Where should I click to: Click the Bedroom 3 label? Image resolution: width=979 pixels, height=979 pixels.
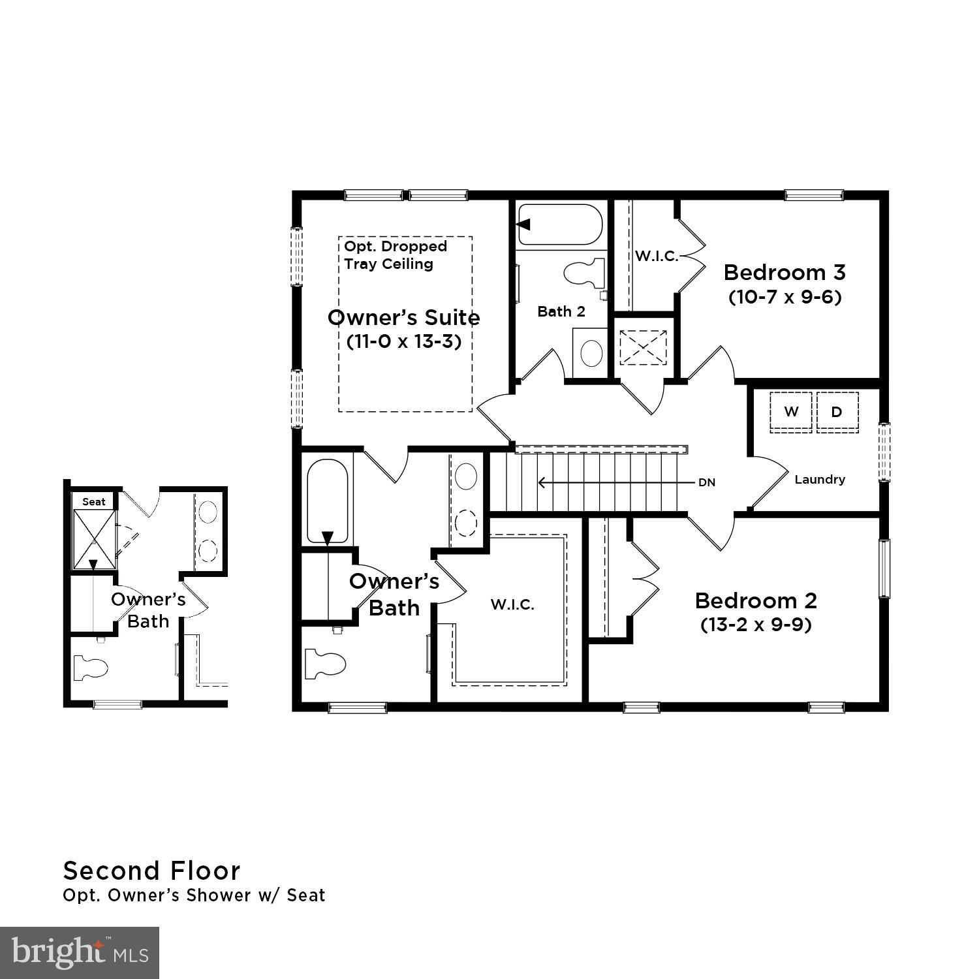coord(785,272)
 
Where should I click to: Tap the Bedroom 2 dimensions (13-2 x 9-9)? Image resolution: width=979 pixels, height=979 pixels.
coord(756,625)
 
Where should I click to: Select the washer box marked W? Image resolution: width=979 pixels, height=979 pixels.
coord(791,412)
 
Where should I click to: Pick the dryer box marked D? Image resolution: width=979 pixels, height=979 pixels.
coord(837,412)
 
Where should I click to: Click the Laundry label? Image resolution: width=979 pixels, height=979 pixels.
coord(820,480)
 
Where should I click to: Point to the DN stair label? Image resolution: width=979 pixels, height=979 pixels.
coord(707,483)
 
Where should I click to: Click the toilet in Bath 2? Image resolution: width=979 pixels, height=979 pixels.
coord(582,273)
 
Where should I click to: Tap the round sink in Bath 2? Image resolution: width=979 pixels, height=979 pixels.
coord(591,353)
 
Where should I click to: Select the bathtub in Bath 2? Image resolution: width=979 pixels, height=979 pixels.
coord(560,225)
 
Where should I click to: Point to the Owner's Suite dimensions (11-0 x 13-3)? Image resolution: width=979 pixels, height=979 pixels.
coord(404,341)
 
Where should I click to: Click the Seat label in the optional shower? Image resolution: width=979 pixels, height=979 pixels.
coord(94,502)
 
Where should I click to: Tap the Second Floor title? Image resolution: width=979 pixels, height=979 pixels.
coord(151,871)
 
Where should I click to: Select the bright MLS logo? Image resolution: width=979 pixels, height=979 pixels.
coord(79,952)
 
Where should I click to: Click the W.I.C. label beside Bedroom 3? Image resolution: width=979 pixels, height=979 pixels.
coord(657,256)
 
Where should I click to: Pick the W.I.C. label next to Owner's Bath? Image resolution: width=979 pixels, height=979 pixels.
coord(512,605)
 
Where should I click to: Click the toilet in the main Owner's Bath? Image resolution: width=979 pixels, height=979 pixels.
coord(325,663)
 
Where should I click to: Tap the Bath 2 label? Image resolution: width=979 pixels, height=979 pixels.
coord(561,312)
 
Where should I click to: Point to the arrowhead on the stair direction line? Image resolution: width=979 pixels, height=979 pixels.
coord(541,483)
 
